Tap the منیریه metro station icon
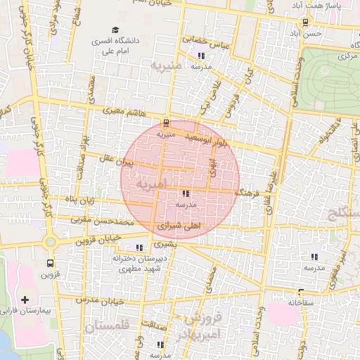[x=166, y=122]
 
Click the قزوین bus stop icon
[x=50, y=263]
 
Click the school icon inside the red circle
[x=186, y=193]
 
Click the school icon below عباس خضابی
[x=201, y=55]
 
